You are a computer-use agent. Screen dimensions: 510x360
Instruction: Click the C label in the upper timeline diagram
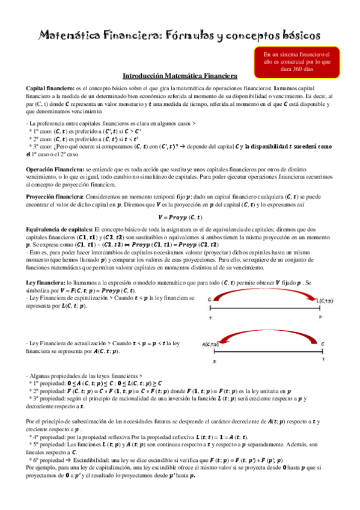tap(209, 299)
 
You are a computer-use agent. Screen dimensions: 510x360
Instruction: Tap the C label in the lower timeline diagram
tap(323, 344)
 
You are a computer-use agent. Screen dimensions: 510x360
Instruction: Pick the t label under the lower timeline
tap(323, 360)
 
